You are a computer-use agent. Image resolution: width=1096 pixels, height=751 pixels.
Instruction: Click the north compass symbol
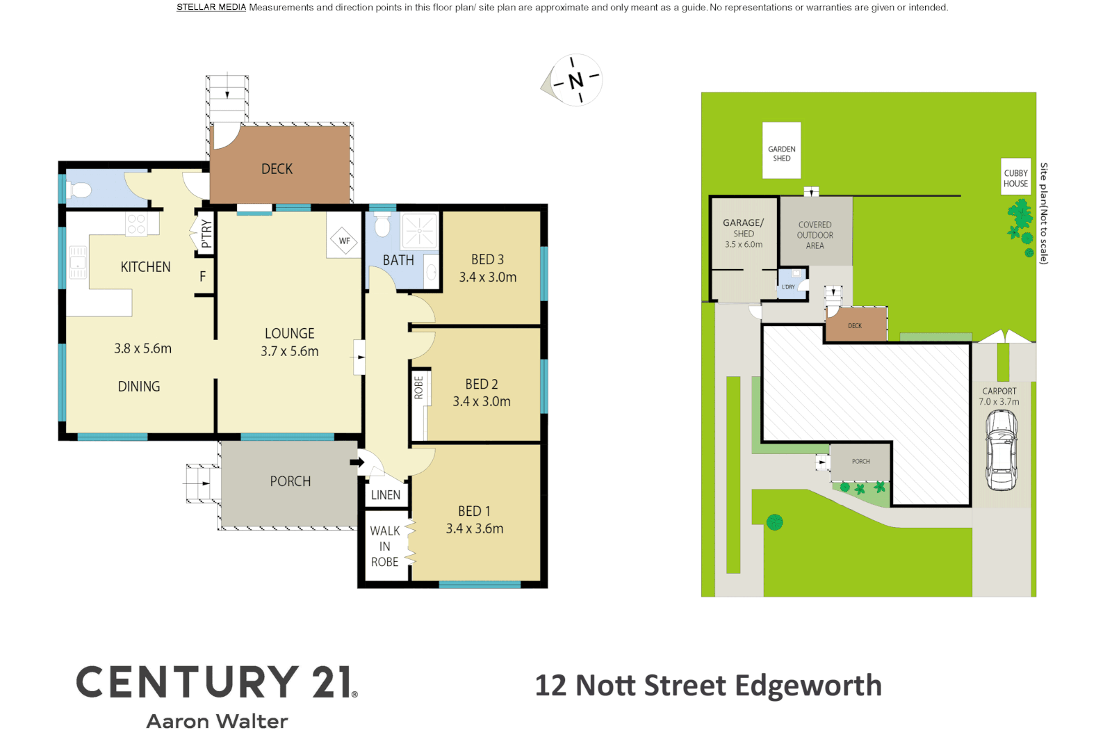[575, 81]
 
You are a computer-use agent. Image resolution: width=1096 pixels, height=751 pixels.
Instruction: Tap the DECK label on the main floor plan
[277, 169]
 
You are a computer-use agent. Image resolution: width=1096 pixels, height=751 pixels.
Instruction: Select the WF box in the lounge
[344, 241]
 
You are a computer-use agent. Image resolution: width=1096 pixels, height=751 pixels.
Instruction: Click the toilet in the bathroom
[383, 225]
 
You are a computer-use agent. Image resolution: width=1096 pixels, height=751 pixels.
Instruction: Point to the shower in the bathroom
[419, 230]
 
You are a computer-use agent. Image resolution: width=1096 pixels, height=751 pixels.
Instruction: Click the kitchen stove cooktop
[136, 224]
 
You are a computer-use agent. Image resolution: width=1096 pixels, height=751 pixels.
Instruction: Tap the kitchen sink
[77, 262]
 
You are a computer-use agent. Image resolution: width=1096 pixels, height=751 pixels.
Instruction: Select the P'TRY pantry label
[206, 234]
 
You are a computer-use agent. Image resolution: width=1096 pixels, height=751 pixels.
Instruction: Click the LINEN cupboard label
[386, 495]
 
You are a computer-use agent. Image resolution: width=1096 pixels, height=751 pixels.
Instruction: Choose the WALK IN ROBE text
[385, 547]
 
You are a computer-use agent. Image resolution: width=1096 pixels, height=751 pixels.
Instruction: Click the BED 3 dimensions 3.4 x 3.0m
[488, 277]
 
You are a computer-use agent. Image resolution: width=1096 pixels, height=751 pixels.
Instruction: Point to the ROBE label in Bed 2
[418, 387]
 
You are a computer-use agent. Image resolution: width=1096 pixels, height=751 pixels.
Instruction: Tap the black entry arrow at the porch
[357, 462]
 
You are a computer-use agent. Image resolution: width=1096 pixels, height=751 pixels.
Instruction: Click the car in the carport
[1001, 451]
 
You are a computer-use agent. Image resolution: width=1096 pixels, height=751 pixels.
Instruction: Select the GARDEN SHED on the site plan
[782, 151]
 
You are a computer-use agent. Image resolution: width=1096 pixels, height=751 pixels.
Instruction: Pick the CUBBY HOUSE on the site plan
[1015, 178]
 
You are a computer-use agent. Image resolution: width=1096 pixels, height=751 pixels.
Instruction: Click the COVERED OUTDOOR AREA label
[815, 235]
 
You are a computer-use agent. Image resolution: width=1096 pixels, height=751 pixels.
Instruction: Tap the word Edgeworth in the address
[808, 686]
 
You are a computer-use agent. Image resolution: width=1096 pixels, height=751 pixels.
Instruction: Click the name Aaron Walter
[217, 722]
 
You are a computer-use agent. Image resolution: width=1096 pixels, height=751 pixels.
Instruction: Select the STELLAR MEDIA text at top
[211, 8]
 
